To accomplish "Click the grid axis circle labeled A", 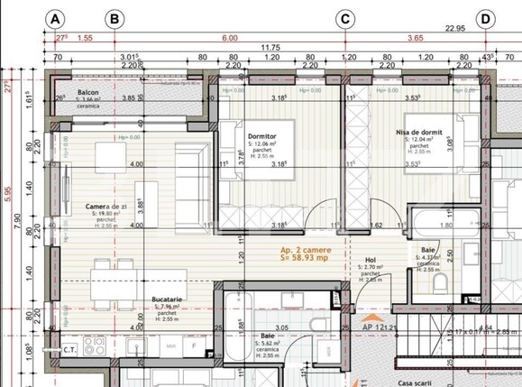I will [x=57, y=19].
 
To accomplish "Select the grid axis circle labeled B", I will [x=114, y=19].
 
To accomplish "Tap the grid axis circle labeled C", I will [x=345, y=19].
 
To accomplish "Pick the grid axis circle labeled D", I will [x=485, y=19].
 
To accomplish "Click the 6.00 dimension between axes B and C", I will [x=230, y=38].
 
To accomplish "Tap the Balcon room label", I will [x=87, y=93].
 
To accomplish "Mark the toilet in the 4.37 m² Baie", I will [x=442, y=282].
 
